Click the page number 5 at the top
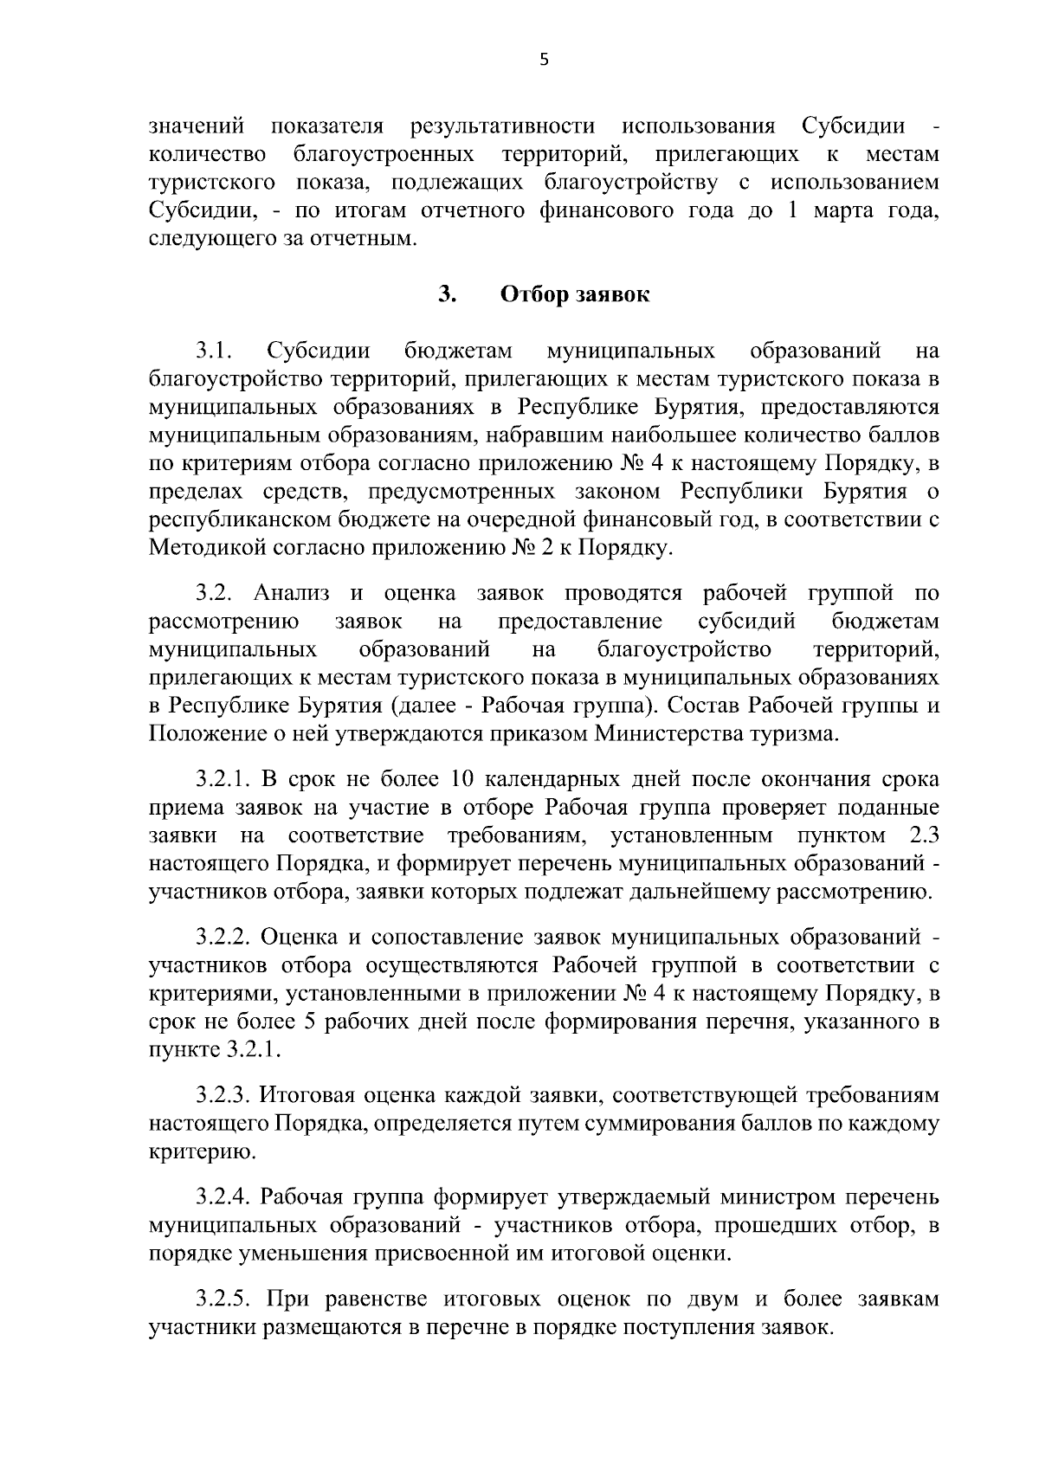coord(544,61)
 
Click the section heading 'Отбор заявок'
coord(575,295)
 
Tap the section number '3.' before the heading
coord(448,295)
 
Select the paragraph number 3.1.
coord(215,351)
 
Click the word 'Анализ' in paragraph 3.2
coord(292,594)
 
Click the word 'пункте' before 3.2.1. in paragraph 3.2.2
coord(184,1050)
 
